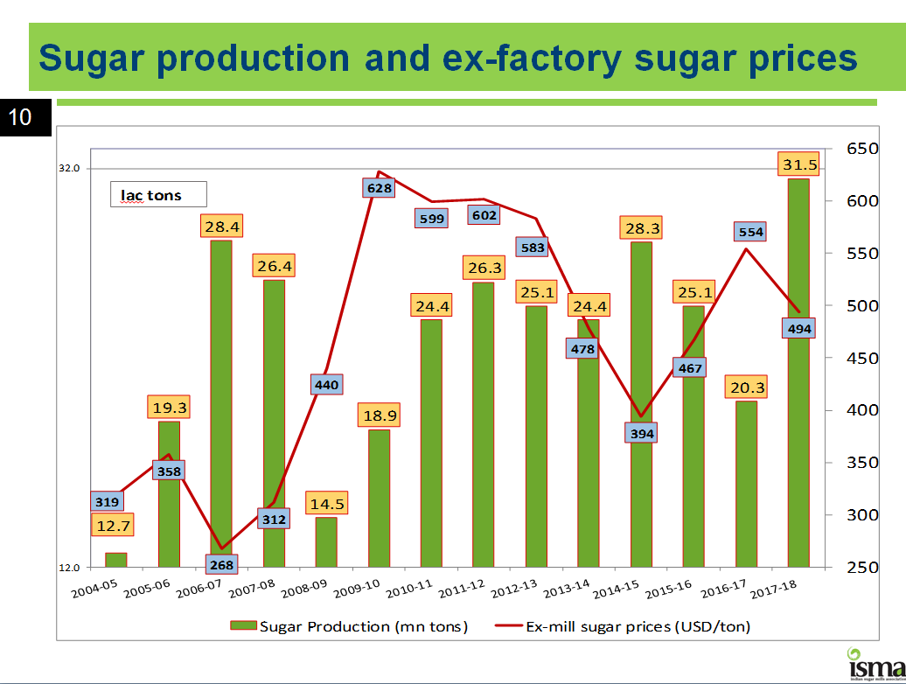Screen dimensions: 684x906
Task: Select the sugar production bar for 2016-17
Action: (x=746, y=484)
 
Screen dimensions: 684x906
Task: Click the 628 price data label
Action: (x=379, y=187)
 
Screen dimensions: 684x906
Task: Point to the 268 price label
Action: (x=221, y=565)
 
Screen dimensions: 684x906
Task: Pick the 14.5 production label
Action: (x=326, y=504)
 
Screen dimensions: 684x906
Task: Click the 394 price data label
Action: (x=642, y=433)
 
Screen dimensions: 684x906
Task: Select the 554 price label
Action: (x=750, y=232)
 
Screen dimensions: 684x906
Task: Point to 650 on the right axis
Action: (x=862, y=150)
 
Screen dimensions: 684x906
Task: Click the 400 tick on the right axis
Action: (x=862, y=410)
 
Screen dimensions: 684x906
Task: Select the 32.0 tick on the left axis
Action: (x=69, y=168)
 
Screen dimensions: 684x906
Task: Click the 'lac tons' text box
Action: (x=157, y=194)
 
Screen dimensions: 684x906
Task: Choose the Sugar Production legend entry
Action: (x=349, y=626)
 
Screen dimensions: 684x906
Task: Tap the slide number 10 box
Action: (x=20, y=116)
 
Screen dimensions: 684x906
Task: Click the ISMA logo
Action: (x=875, y=663)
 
